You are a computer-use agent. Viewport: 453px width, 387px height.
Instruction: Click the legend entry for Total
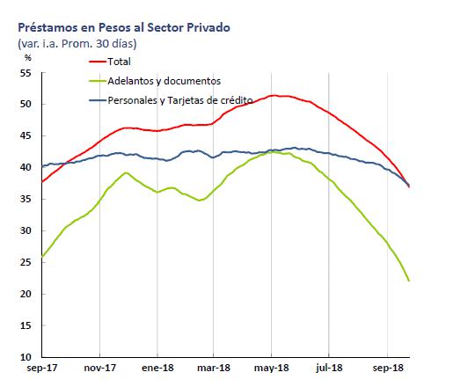point(118,61)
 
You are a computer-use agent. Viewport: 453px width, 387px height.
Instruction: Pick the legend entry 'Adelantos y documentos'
point(164,81)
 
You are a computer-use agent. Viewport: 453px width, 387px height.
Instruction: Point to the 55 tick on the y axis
point(26,73)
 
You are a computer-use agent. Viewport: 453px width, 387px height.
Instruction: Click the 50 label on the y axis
point(26,105)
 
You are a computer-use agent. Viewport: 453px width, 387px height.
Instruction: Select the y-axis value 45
point(26,136)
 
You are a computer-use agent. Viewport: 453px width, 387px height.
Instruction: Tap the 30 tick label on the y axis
point(26,230)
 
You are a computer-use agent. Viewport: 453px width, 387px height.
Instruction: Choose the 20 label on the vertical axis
point(26,294)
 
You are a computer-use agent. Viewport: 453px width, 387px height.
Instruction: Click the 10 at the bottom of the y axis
point(26,357)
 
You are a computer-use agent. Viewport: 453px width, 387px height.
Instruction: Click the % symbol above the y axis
point(28,57)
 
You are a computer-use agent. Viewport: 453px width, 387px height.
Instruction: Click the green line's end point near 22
point(409,281)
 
